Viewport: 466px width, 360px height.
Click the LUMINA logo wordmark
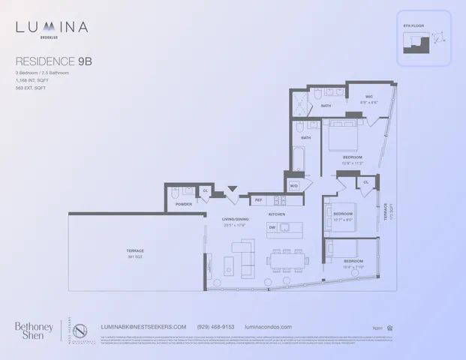(x=52, y=28)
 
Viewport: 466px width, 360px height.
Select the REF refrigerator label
(x=258, y=200)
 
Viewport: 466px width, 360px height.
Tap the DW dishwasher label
(x=274, y=227)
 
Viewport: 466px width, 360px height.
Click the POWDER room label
(x=183, y=204)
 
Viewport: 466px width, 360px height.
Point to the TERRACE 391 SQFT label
(x=135, y=253)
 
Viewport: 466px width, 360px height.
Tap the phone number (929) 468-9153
(x=216, y=327)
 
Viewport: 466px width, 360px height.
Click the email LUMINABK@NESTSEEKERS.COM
(x=143, y=327)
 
